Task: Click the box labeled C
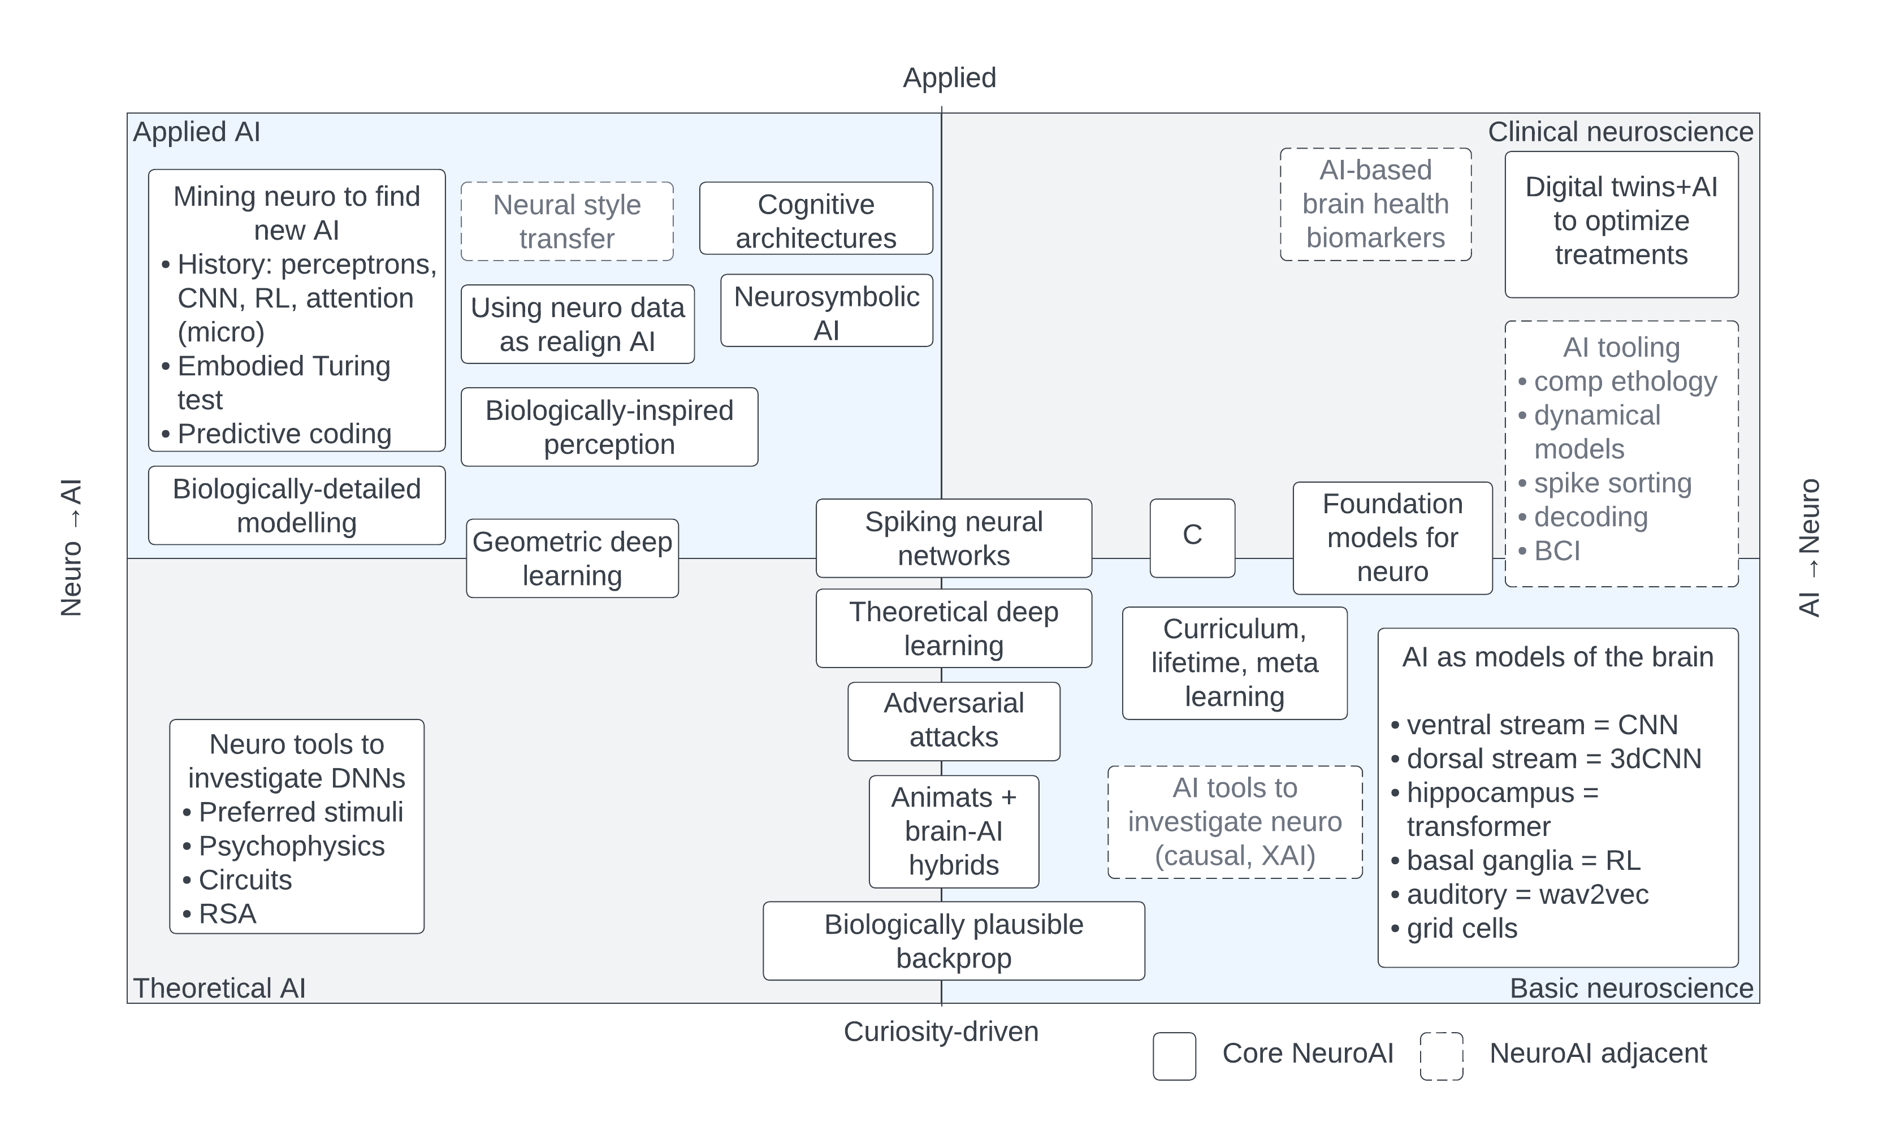[1192, 538]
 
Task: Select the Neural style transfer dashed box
[567, 221]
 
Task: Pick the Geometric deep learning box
[572, 558]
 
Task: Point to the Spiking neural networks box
[954, 538]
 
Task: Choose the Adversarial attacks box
[954, 720]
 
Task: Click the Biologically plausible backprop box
[954, 941]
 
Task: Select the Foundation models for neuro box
[1392, 538]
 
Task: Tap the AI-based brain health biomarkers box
[1375, 203]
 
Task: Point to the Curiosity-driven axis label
[941, 1031]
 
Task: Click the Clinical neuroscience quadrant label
[1620, 132]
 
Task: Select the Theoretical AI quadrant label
[219, 988]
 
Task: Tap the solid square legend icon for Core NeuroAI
[1174, 1056]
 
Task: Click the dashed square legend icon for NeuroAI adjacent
[1441, 1056]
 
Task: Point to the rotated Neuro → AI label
[71, 547]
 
